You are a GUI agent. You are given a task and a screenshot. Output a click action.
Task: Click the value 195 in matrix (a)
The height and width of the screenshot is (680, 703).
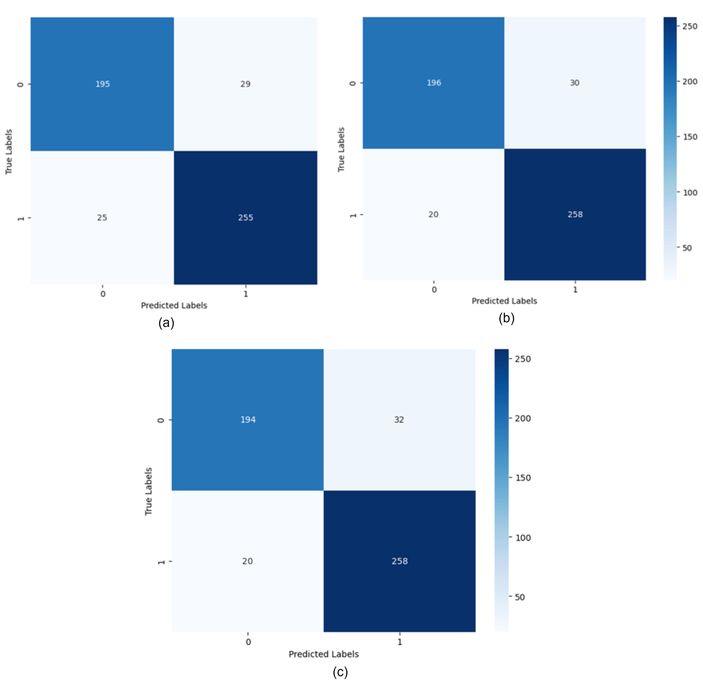(103, 84)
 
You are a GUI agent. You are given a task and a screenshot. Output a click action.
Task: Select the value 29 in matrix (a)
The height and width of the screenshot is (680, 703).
(245, 84)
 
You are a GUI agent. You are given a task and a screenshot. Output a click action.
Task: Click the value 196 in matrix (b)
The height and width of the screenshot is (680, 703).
(434, 83)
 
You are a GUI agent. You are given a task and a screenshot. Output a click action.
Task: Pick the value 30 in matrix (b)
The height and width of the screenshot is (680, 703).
(575, 83)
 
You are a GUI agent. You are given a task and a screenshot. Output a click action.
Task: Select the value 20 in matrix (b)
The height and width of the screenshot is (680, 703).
(433, 214)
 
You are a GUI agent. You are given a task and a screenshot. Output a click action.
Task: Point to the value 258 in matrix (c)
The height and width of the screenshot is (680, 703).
(400, 561)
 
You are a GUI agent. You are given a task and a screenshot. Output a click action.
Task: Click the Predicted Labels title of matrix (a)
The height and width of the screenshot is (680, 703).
(174, 305)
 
